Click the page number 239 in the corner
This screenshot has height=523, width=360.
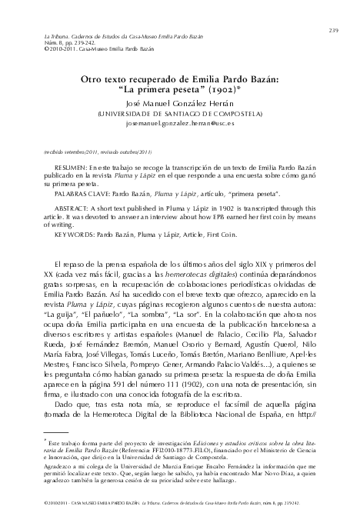334,9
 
